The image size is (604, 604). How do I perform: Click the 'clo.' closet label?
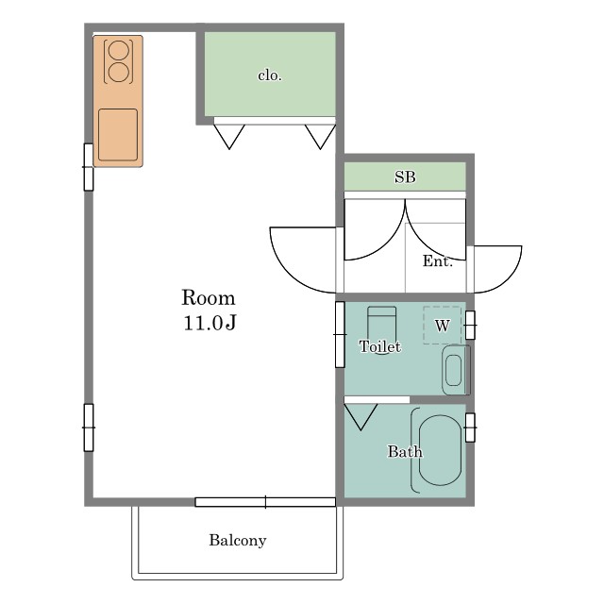click(270, 75)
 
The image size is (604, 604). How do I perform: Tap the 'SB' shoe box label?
click(405, 176)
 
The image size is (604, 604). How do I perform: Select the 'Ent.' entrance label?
click(438, 260)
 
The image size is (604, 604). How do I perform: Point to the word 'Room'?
click(209, 297)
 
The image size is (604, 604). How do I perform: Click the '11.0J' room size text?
click(210, 323)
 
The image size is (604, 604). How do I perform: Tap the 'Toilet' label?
click(379, 346)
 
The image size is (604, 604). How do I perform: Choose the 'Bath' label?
click(405, 451)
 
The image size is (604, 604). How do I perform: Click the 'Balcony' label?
click(238, 540)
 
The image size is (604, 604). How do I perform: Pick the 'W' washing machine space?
click(443, 326)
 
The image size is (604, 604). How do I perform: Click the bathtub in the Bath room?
click(440, 450)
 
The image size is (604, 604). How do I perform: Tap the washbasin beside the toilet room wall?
click(456, 370)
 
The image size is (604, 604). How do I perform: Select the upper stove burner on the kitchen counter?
click(118, 50)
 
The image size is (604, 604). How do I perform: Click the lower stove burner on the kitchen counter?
click(118, 72)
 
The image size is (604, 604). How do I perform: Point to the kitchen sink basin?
click(118, 134)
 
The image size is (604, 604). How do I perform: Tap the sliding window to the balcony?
click(265, 502)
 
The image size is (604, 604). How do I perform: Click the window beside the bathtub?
click(470, 428)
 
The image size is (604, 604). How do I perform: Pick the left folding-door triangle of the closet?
click(229, 137)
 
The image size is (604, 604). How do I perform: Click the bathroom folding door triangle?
click(361, 417)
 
